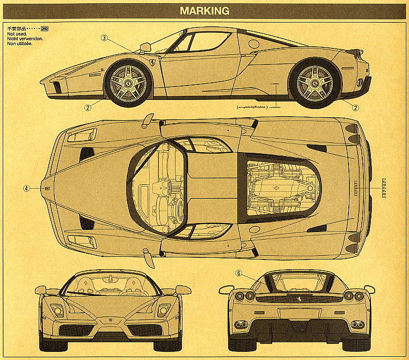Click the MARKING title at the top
point(204,10)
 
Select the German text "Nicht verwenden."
point(25,38)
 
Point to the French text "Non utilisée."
point(20,43)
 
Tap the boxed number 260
point(45,28)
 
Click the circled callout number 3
point(105,38)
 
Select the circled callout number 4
point(26,189)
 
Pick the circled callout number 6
point(238,273)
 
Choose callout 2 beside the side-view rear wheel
point(355,107)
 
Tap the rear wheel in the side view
point(314,83)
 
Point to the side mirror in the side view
point(145,47)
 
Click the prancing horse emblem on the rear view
point(297,298)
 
